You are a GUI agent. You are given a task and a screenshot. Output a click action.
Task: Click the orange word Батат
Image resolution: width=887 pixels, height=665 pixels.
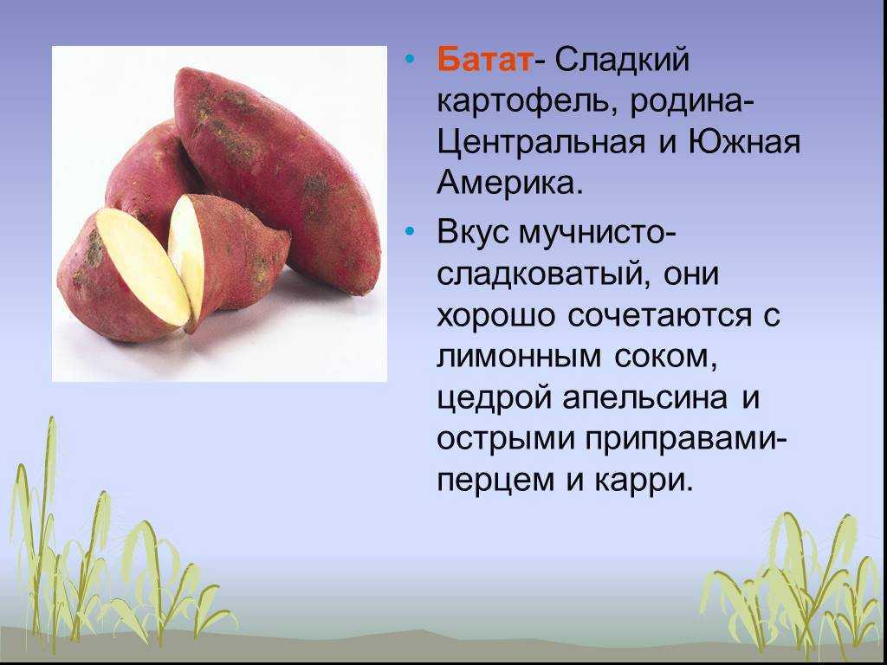(x=485, y=59)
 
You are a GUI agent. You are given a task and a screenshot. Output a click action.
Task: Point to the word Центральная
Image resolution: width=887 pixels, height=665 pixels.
(x=541, y=143)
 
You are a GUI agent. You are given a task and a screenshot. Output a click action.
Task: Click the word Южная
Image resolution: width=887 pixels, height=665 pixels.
(x=744, y=142)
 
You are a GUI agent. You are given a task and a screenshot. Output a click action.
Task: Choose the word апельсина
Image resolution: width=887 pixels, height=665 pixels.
(x=644, y=398)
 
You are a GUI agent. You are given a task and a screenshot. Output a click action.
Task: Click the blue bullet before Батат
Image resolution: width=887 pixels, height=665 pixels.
(x=411, y=60)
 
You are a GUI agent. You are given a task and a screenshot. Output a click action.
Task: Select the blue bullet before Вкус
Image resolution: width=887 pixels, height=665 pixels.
(x=411, y=232)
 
